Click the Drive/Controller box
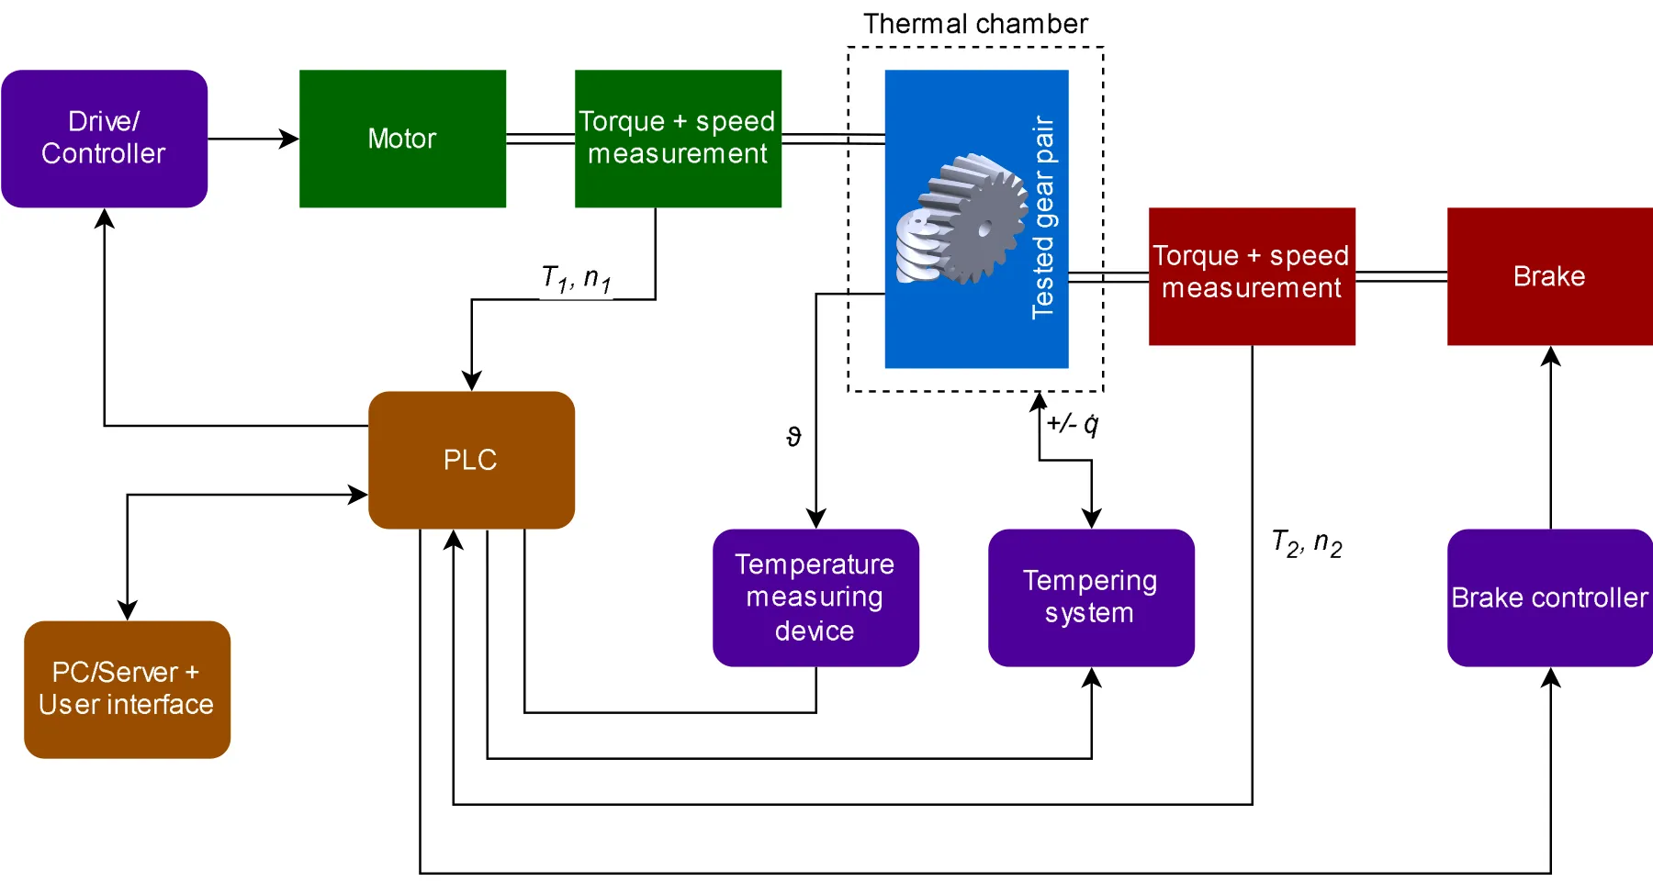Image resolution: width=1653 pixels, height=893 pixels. point(104,139)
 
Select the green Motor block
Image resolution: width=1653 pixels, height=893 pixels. point(402,139)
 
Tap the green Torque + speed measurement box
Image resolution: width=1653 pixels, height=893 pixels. point(678,139)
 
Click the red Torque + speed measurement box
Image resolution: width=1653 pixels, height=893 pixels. point(1252,275)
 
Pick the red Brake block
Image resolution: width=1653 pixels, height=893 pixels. point(1549,275)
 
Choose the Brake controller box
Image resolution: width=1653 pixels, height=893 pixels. point(1549,597)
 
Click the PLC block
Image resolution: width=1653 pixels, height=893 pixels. point(471,460)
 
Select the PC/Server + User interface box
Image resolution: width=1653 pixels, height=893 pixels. point(127,689)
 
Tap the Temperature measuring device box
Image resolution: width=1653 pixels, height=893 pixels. point(815,597)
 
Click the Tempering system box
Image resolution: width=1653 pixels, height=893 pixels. point(1091,597)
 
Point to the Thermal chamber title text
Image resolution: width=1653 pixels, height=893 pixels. point(975,24)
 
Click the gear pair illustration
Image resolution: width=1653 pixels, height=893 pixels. point(961,220)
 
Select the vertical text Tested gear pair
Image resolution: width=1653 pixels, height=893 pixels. point(1043,218)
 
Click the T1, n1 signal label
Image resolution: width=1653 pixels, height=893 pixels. point(577,278)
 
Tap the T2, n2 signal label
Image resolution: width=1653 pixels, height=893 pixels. point(1307,543)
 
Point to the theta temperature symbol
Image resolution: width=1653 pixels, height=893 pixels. point(794,437)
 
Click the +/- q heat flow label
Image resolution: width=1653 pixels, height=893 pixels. point(1073,424)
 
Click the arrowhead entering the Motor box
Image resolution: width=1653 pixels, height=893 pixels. point(290,139)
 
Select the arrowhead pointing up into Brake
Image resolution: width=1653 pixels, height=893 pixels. point(1550,356)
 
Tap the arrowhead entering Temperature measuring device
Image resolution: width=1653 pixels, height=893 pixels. point(815,519)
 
